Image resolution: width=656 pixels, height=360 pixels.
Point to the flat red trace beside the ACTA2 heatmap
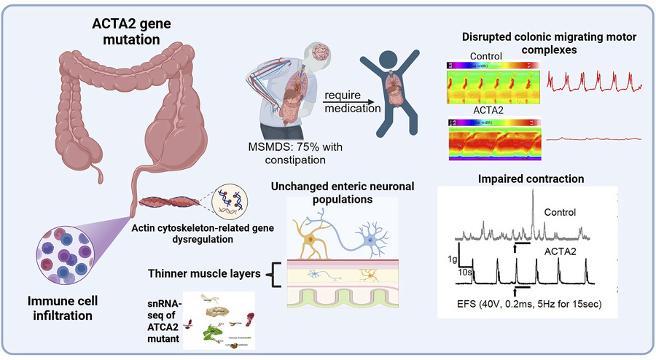coord(594,137)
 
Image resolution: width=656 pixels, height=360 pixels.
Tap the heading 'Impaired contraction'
coord(526,177)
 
